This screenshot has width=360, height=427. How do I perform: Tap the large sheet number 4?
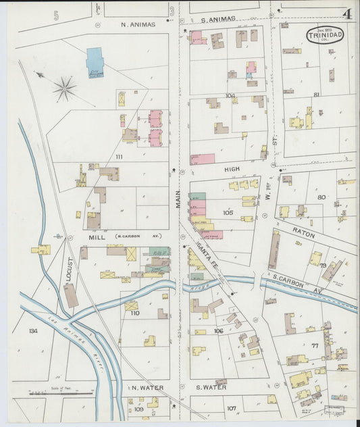[346, 14]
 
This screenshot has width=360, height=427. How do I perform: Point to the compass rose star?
[65, 88]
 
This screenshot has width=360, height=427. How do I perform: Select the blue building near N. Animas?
[95, 59]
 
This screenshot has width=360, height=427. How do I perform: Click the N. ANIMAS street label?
[138, 24]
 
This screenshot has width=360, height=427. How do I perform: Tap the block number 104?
[230, 96]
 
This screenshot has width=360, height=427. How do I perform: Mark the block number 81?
[316, 95]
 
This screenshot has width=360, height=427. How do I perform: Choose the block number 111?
[120, 157]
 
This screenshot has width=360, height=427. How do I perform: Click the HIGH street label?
[232, 171]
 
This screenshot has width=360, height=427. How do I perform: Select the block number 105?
[228, 212]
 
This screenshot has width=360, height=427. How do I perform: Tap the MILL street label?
[95, 237]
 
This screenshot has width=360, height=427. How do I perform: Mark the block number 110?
[134, 313]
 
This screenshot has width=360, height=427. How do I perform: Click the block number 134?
[33, 331]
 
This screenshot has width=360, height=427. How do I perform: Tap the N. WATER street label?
[144, 388]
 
